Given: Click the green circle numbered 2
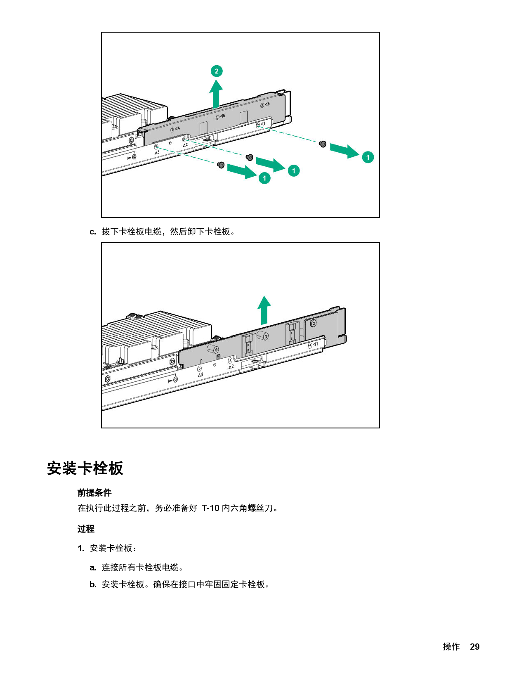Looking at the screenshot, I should (x=217, y=71).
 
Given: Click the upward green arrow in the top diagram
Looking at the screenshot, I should (x=216, y=94).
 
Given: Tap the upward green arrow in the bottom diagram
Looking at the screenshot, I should (x=264, y=310).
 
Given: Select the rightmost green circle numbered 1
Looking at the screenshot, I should (x=368, y=157).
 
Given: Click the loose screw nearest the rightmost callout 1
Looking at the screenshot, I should (x=323, y=144).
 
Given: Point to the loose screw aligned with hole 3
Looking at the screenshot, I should (x=221, y=165).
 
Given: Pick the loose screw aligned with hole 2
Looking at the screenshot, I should (x=249, y=157).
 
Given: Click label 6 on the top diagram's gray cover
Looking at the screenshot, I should (x=267, y=104).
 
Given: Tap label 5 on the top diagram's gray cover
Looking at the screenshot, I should (x=223, y=116).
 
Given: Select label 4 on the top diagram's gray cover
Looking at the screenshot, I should (x=177, y=128).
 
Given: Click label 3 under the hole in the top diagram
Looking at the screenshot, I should (x=157, y=152).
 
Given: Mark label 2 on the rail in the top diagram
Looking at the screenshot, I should (x=185, y=145).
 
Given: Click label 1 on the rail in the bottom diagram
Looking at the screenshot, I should (x=316, y=344).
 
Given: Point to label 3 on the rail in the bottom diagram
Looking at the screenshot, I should (x=200, y=375).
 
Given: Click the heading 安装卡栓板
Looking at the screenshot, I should (x=85, y=468).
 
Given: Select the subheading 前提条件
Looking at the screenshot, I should (x=94, y=492).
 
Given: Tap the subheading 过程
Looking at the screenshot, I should (x=86, y=529).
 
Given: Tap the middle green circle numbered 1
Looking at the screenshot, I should (x=293, y=170).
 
